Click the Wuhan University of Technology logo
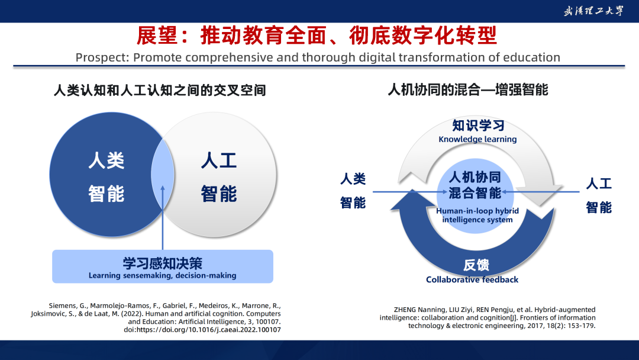tap(593, 11)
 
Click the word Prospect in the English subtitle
tap(102, 57)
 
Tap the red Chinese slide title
tap(317, 36)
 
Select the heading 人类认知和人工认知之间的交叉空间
tap(160, 90)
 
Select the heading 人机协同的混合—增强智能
tap(468, 89)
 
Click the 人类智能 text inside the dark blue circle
tap(106, 177)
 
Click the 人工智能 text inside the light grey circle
tap(219, 177)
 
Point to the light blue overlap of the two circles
tap(163, 175)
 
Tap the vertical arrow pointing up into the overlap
tap(163, 218)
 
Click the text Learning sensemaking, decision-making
tap(163, 275)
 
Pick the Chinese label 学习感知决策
tap(163, 263)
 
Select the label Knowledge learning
tap(477, 139)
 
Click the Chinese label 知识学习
tap(478, 125)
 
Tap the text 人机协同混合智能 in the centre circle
tap(475, 185)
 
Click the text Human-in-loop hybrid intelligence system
tap(477, 216)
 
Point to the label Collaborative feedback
tap(472, 279)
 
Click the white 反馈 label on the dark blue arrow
tap(476, 265)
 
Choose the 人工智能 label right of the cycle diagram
tap(599, 195)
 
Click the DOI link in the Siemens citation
tap(202, 329)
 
